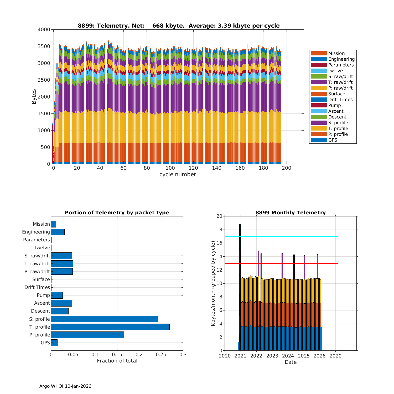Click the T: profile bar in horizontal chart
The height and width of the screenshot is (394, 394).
click(110, 327)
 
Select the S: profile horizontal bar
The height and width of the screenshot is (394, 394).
click(105, 319)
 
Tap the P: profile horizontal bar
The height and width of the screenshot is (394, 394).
click(87, 335)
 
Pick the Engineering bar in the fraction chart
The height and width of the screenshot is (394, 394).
click(58, 232)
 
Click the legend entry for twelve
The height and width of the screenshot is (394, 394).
click(335, 71)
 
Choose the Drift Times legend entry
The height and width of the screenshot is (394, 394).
click(340, 100)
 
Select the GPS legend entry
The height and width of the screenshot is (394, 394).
click(333, 140)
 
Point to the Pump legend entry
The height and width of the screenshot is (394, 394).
click(334, 105)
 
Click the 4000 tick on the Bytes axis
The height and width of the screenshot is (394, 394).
click(44, 30)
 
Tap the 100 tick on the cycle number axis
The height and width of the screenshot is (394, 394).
click(170, 168)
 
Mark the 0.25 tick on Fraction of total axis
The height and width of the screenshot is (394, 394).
click(161, 355)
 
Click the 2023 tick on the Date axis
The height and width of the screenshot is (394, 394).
click(272, 356)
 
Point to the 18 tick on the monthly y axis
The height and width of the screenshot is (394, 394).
click(219, 230)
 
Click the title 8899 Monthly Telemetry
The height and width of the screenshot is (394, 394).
click(291, 213)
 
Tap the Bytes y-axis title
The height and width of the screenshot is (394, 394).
click(34, 97)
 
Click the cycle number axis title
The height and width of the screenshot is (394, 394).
click(178, 175)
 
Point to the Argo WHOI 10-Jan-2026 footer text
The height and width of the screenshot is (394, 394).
click(65, 386)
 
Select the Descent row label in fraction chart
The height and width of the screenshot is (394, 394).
click(40, 311)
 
